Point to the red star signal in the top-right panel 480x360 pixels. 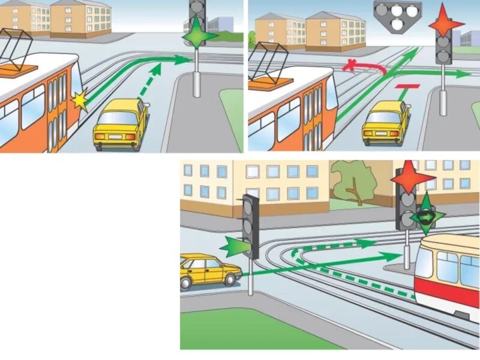coord(446,22)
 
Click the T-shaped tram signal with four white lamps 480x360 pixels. coord(396,13)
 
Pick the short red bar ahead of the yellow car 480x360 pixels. coord(406,88)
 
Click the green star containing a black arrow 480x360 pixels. coord(425,214)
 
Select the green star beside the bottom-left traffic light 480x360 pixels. coord(235,246)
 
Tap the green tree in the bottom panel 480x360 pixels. coord(351,183)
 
